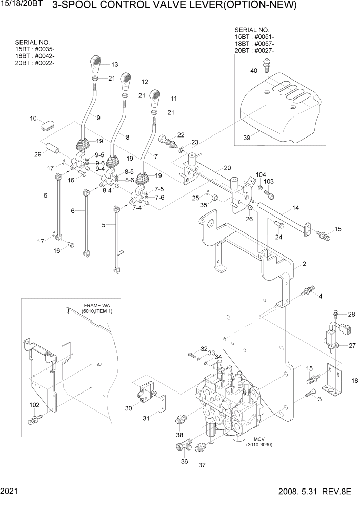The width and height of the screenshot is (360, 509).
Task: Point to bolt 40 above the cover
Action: click(266, 66)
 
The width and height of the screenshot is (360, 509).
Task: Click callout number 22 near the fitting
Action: click(181, 134)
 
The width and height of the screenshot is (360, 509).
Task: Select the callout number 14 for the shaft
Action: click(296, 208)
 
